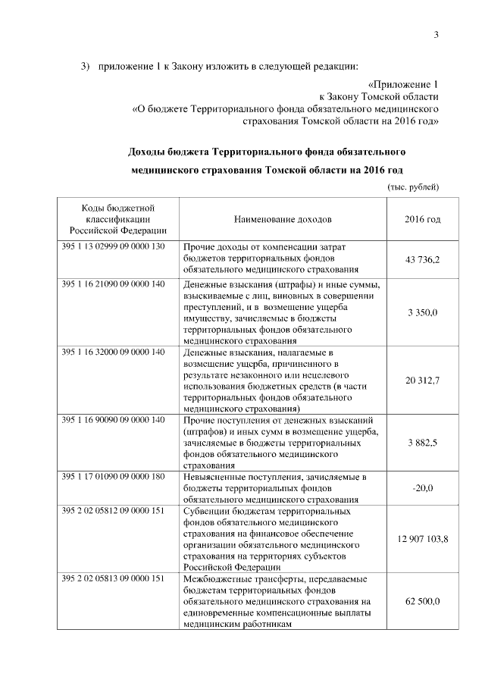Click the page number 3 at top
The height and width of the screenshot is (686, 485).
[x=436, y=33]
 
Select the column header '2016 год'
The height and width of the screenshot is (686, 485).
[x=423, y=219]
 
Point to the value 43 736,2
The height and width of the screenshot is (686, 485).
[x=423, y=259]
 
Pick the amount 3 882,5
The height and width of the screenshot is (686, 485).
[x=423, y=442]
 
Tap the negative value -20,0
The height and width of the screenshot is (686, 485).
[x=423, y=488]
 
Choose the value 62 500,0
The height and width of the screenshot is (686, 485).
[x=423, y=601]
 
